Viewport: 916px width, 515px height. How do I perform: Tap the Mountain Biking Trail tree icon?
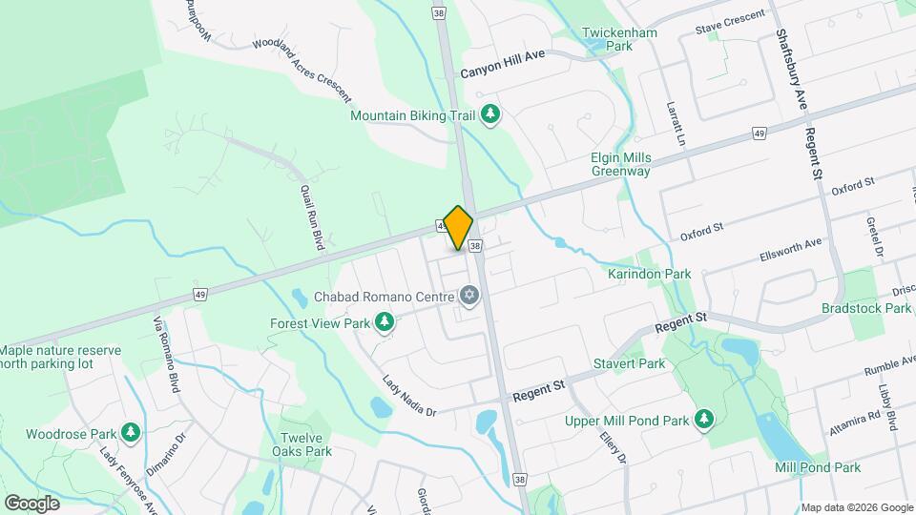490,115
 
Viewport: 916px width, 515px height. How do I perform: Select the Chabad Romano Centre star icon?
468,297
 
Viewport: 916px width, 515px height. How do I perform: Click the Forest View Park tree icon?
385,323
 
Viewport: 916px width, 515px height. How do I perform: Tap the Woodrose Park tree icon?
131,434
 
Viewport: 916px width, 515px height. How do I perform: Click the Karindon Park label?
649,274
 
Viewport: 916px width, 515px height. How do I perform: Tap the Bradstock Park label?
866,308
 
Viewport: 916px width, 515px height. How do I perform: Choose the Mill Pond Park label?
818,467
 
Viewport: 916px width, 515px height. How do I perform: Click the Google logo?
31,503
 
